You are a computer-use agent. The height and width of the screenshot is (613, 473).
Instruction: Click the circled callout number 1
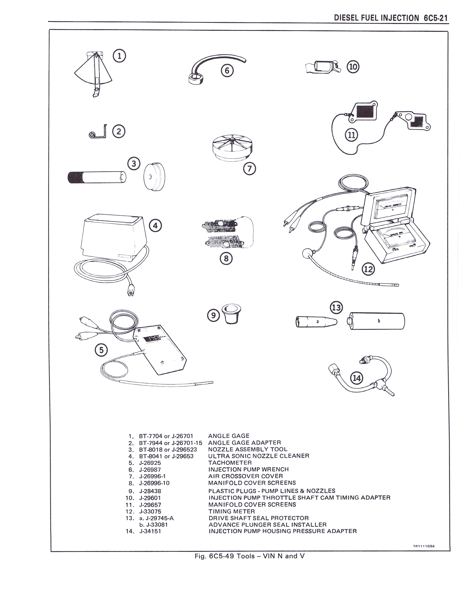[x=119, y=56]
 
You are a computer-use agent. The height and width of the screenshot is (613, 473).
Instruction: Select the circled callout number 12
[x=368, y=270]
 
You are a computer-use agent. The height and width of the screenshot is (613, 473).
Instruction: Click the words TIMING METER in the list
[x=232, y=511]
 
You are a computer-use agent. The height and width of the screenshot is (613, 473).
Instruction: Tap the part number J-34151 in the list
[x=150, y=531]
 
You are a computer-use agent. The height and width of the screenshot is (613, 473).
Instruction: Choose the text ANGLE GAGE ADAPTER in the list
[x=244, y=443]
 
